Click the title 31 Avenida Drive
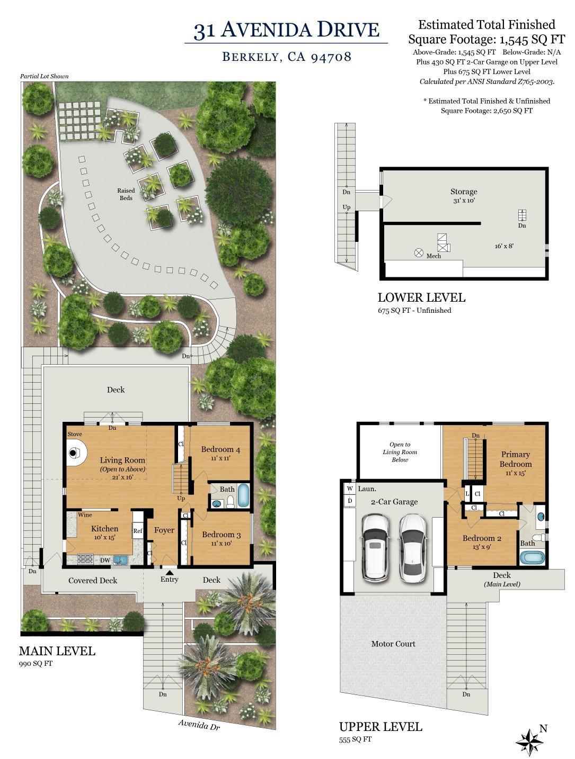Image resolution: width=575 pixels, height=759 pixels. point(286,30)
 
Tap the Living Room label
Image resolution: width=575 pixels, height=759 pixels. point(122,460)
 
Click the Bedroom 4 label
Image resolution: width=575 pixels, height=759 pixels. point(220,450)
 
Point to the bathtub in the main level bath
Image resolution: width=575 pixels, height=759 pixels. point(243,496)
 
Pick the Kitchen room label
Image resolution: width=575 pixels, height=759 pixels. point(104,528)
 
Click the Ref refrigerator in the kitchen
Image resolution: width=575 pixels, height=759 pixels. point(138,531)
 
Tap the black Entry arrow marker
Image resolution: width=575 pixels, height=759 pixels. point(169,572)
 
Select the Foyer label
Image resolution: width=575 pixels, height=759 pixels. point(164,530)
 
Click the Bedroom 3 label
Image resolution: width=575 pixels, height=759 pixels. point(221,535)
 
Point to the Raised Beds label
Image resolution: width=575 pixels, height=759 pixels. point(126,194)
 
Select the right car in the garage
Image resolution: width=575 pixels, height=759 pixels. point(413,547)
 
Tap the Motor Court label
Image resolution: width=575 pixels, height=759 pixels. point(393,644)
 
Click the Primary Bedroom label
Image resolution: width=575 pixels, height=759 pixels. point(515,459)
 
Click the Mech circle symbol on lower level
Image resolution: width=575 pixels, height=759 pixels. point(419,253)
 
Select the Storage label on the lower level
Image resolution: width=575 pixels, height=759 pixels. point(464,192)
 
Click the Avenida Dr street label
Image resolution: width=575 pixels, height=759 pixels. point(199,725)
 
